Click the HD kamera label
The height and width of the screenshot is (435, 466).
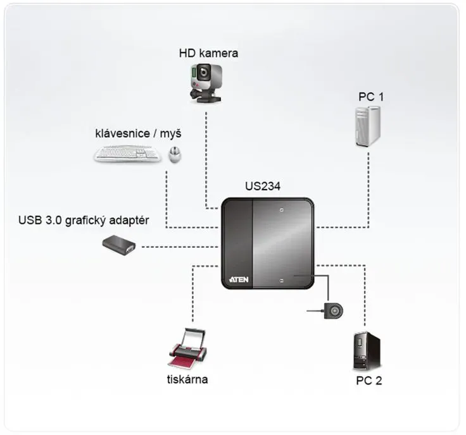click(x=208, y=53)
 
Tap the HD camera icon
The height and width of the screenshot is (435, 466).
click(x=206, y=83)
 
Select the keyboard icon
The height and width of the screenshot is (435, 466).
click(x=127, y=154)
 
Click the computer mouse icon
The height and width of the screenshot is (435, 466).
click(x=175, y=155)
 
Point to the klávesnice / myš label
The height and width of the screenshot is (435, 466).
click(x=138, y=134)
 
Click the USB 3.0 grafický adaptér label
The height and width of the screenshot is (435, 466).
click(x=84, y=221)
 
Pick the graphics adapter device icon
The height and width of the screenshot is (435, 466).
click(x=119, y=245)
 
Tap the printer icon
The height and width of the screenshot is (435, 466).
click(x=188, y=348)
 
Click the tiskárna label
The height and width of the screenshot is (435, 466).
click(x=187, y=379)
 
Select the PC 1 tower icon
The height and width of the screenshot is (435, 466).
click(x=368, y=126)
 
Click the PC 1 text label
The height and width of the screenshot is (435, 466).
click(x=371, y=97)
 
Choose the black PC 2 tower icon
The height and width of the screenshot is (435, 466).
click(x=367, y=351)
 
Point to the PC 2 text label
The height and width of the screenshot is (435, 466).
click(x=369, y=381)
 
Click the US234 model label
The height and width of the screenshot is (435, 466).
click(x=263, y=187)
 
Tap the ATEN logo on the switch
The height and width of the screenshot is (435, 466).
click(x=239, y=279)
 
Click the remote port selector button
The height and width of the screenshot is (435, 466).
click(x=334, y=311)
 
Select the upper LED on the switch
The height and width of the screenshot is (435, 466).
click(x=282, y=210)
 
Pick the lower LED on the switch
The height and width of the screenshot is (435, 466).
click(x=282, y=281)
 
